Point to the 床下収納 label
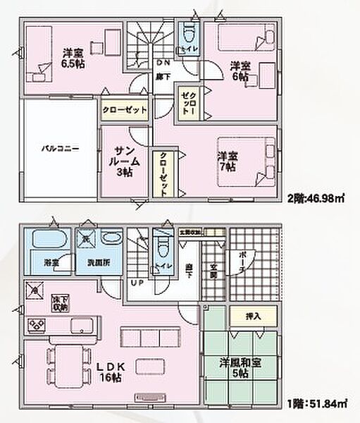pos(59,305)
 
